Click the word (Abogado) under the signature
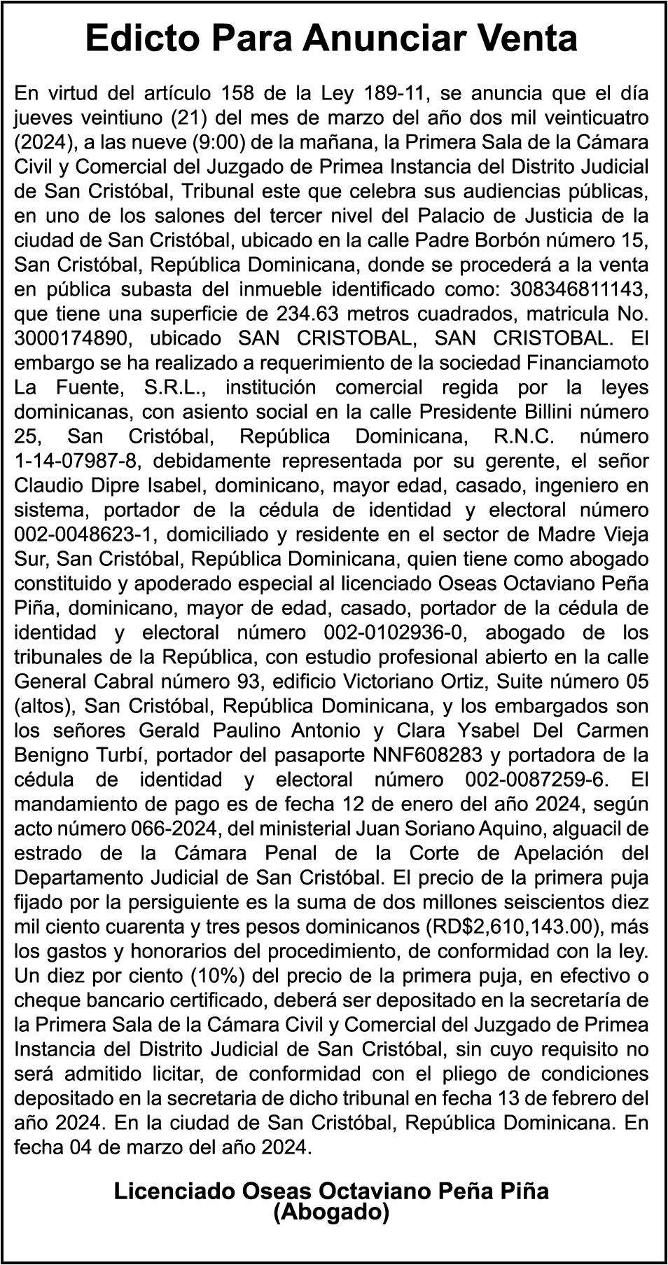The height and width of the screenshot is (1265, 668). click(x=331, y=1212)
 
